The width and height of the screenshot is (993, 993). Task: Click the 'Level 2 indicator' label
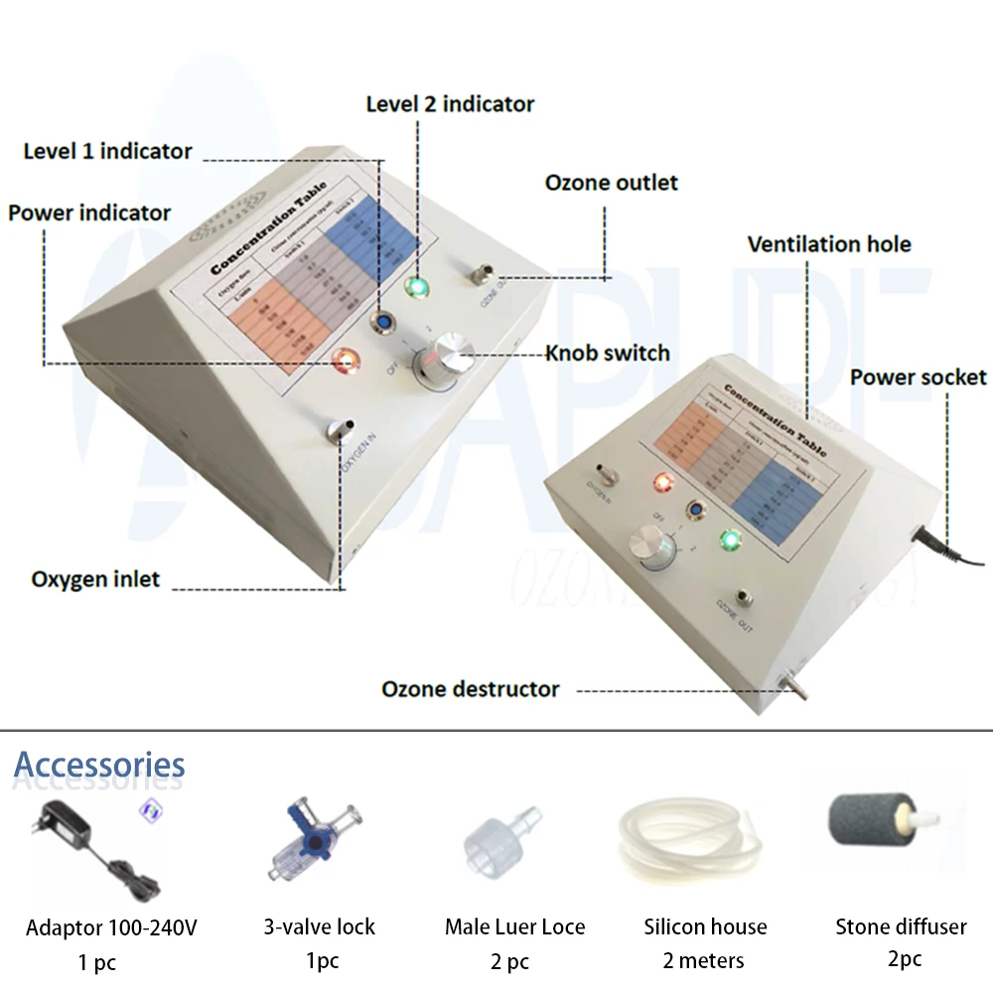(x=450, y=104)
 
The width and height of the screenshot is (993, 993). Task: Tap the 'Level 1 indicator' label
(x=107, y=152)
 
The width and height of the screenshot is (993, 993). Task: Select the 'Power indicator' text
(x=89, y=213)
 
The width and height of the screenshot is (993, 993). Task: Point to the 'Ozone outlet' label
(x=611, y=183)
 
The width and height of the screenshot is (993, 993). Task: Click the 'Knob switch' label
(x=608, y=353)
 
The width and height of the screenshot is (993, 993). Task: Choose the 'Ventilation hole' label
(x=829, y=244)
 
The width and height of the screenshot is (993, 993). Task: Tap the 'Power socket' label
(x=918, y=377)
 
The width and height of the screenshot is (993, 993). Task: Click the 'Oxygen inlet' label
(x=95, y=579)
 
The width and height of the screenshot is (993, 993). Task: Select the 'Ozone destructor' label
(x=471, y=689)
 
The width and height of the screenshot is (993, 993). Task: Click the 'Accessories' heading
(x=99, y=765)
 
